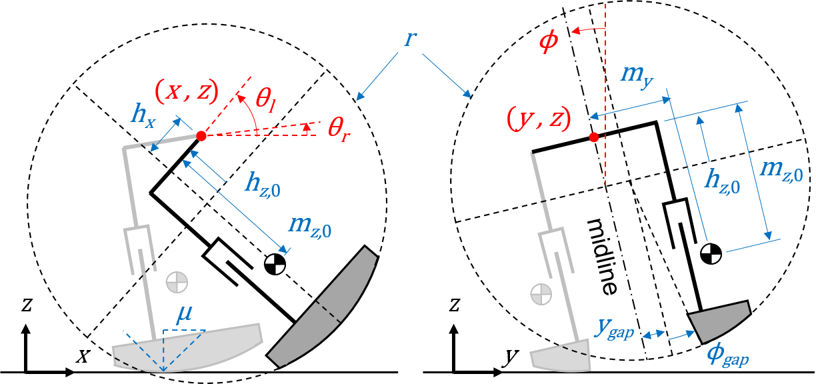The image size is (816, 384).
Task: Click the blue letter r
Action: click(410, 39)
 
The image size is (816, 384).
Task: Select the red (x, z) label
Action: click(186, 91)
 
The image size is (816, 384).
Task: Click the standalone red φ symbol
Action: click(549, 41)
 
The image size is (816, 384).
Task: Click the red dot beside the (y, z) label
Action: click(593, 137)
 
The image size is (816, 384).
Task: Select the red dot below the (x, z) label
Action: click(201, 136)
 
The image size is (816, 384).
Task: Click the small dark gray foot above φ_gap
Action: click(719, 321)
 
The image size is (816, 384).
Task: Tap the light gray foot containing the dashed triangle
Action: click(187, 347)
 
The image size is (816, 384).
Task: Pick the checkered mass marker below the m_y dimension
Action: click(711, 253)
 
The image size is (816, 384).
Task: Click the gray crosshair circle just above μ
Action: click(177, 282)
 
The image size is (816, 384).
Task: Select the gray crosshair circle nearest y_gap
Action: click(541, 294)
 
